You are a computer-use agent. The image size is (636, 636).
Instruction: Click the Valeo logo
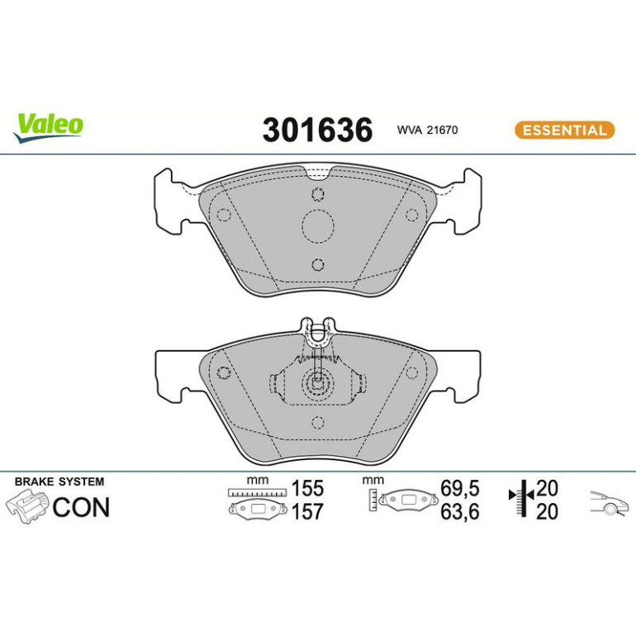pyautogui.click(x=48, y=127)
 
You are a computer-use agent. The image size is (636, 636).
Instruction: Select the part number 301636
pyautogui.click(x=317, y=130)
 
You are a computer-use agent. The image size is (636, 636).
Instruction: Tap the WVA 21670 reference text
pyautogui.click(x=427, y=130)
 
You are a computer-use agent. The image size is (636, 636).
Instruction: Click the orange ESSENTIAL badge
pyautogui.click(x=564, y=131)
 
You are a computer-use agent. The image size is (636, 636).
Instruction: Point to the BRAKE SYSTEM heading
pyautogui.click(x=59, y=482)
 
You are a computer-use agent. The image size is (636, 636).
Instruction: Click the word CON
pyautogui.click(x=81, y=507)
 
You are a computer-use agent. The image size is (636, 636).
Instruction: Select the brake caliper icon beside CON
pyautogui.click(x=27, y=507)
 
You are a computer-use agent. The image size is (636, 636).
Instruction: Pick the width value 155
pyautogui.click(x=308, y=488)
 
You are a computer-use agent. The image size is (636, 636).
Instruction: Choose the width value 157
pyautogui.click(x=308, y=511)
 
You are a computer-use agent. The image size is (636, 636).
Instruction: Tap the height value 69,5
pyautogui.click(x=460, y=488)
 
